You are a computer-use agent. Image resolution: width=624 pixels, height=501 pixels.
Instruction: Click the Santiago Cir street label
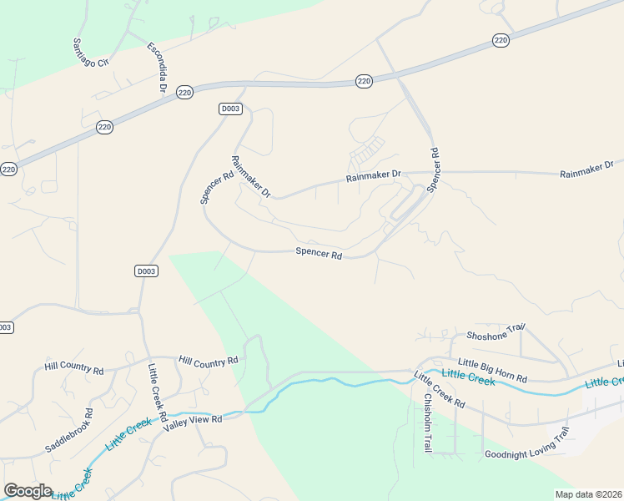pyautogui.click(x=91, y=52)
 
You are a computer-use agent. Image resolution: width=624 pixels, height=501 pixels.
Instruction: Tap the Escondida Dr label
pyautogui.click(x=158, y=67)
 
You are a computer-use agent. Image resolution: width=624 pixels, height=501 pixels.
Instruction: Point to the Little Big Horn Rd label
pyautogui.click(x=493, y=365)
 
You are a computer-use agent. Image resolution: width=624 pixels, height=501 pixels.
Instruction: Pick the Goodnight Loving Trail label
pyautogui.click(x=526, y=444)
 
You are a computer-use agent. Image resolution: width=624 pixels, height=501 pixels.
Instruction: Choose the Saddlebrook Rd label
pyautogui.click(x=69, y=430)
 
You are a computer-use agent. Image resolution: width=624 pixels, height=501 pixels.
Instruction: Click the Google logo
pyautogui.click(x=28, y=490)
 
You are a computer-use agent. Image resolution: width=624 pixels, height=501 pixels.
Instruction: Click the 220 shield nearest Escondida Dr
pyautogui.click(x=185, y=96)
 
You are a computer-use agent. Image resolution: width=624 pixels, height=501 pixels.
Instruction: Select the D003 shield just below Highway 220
pyautogui.click(x=230, y=109)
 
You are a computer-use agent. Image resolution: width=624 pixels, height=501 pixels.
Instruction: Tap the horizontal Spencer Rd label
pyautogui.click(x=320, y=254)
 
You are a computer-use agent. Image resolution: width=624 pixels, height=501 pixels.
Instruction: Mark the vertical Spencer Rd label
pyautogui.click(x=433, y=171)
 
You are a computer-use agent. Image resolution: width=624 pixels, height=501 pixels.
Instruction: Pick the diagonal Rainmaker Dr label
pyautogui.click(x=251, y=177)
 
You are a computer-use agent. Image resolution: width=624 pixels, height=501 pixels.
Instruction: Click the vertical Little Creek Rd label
pyautogui.click(x=158, y=392)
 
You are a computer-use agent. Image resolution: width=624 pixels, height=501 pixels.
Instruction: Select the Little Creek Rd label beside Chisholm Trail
pyautogui.click(x=440, y=389)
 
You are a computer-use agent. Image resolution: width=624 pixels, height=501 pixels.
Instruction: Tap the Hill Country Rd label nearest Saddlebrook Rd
pyautogui.click(x=74, y=367)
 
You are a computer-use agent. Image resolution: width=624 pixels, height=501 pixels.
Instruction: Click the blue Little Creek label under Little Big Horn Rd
pyautogui.click(x=468, y=377)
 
